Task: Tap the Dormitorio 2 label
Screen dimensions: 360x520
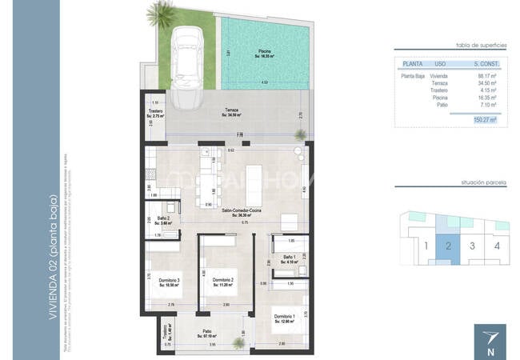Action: pyautogui.click(x=219, y=282)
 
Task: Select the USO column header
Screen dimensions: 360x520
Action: pyautogui.click(x=440, y=62)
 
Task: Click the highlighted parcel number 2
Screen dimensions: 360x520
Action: pyautogui.click(x=450, y=246)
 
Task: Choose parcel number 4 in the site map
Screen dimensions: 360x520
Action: pyautogui.click(x=497, y=246)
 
